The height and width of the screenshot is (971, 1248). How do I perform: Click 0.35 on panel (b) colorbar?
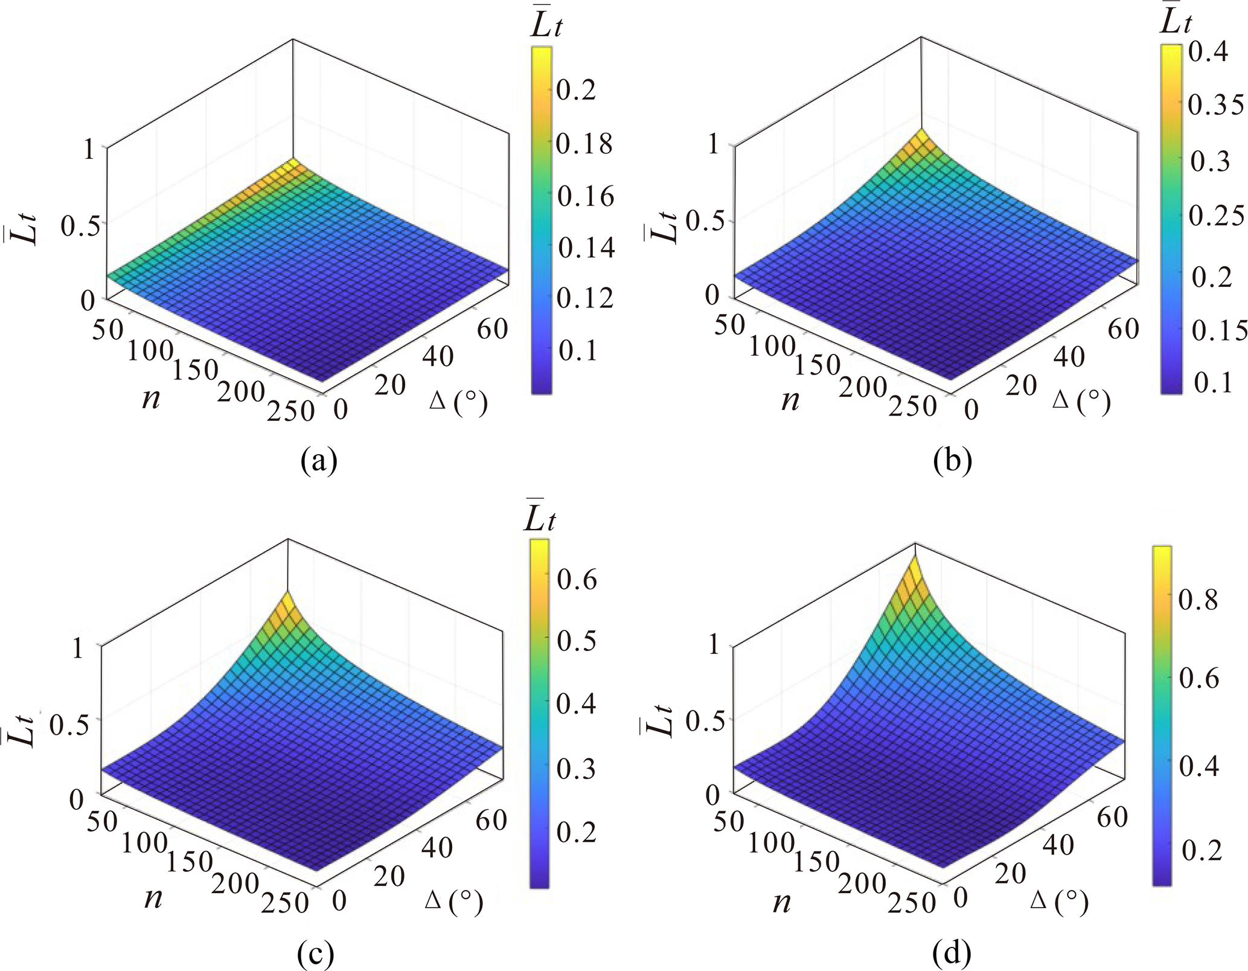pyautogui.click(x=1215, y=104)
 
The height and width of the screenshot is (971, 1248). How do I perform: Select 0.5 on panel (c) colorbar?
pyautogui.click(x=577, y=641)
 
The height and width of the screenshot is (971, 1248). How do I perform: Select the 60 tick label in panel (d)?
pyautogui.click(x=1112, y=817)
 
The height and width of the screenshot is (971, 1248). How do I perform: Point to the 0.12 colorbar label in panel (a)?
pyautogui.click(x=584, y=298)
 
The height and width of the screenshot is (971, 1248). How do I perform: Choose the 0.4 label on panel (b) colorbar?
pyautogui.click(x=1208, y=53)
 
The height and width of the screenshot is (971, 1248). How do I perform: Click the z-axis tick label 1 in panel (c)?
pyautogui.click(x=77, y=648)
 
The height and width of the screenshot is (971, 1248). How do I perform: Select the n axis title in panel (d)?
pyautogui.click(x=782, y=903)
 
